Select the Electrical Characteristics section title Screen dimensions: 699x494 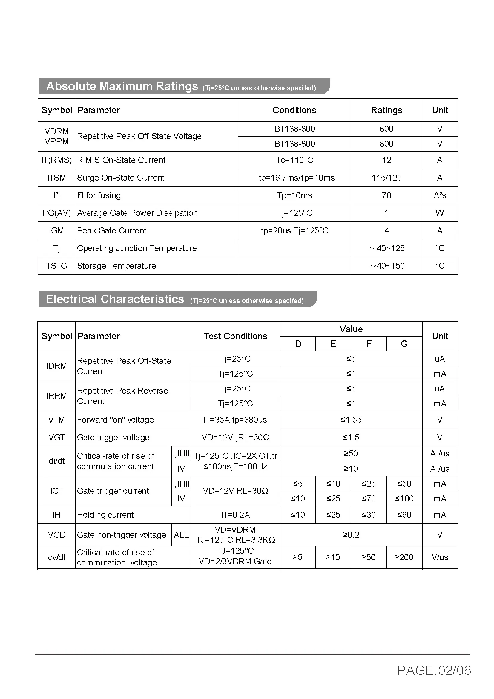pyautogui.click(x=115, y=299)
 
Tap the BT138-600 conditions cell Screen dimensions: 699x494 pyautogui.click(x=294, y=129)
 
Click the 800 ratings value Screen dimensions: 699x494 pyautogui.click(x=386, y=144)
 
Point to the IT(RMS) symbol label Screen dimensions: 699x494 pyautogui.click(x=56, y=160)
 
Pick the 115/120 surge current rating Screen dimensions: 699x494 pyautogui.click(x=386, y=178)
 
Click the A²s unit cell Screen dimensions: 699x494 pyautogui.click(x=440, y=195)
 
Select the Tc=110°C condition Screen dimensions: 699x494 pyautogui.click(x=294, y=160)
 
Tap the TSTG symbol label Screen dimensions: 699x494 pyautogui.click(x=56, y=266)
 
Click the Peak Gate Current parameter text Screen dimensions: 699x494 pyautogui.click(x=112, y=231)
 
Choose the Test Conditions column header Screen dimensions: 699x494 pyautogui.click(x=235, y=336)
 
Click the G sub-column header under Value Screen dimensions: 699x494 pyautogui.click(x=404, y=344)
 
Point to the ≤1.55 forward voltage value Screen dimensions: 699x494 pyautogui.click(x=351, y=420)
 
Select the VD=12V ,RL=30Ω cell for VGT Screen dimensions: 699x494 pyautogui.click(x=235, y=438)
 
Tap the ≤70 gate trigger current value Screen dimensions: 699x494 pyautogui.click(x=369, y=499)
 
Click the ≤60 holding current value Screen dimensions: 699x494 pyautogui.click(x=404, y=515)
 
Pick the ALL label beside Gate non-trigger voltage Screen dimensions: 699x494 pyautogui.click(x=181, y=535)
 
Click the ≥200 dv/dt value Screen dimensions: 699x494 pyautogui.click(x=404, y=557)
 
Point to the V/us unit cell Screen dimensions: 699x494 pyautogui.click(x=440, y=557)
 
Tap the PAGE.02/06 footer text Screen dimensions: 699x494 pyautogui.click(x=434, y=670)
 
